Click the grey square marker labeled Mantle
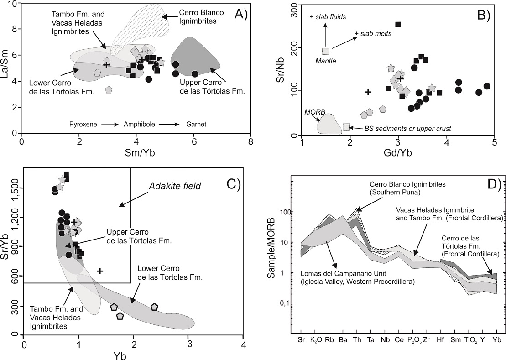[x=325, y=51]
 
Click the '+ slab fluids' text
[x=328, y=17]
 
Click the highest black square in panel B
[x=398, y=24]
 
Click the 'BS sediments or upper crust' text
[x=407, y=129]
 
